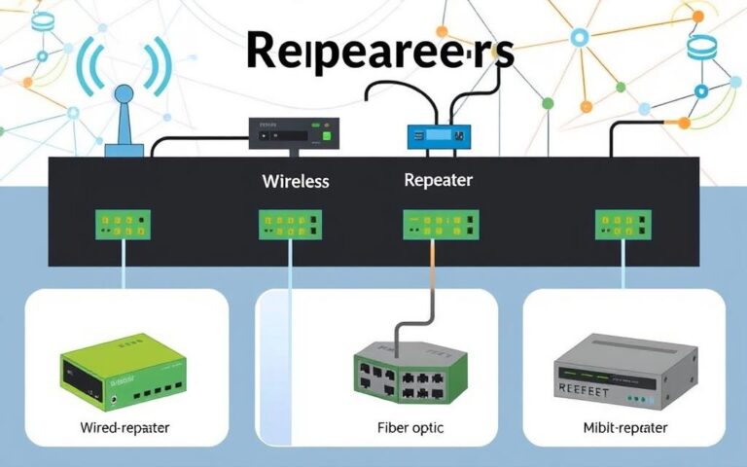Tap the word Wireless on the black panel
pyautogui.click(x=296, y=181)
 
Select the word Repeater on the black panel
pyautogui.click(x=438, y=180)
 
